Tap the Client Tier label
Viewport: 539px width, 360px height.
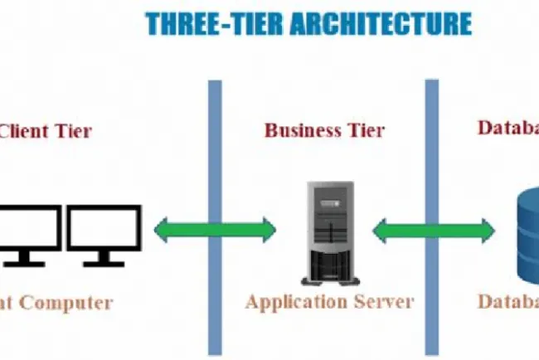46,130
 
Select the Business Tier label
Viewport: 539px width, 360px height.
325,130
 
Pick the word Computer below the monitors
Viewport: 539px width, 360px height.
66,302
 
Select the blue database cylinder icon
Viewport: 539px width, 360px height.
527,236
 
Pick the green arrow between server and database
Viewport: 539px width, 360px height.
433,230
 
